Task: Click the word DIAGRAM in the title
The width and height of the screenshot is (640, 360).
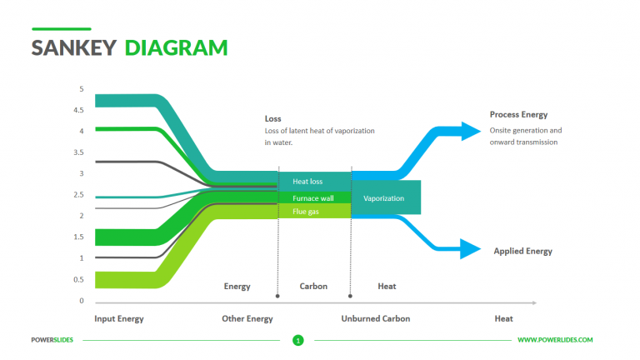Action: tap(176, 47)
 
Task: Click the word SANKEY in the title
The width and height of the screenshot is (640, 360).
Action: tap(73, 47)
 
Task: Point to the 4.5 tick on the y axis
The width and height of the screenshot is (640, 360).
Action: tap(78, 110)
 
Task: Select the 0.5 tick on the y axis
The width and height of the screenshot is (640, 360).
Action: tap(78, 280)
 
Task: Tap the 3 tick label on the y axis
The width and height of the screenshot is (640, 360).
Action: tap(81, 173)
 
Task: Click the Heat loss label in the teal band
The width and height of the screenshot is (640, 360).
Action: tap(307, 181)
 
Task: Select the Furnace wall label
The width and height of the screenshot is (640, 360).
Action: tap(312, 198)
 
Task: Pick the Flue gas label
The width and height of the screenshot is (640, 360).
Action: tap(305, 212)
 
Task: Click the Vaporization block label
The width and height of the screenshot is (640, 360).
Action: tap(384, 198)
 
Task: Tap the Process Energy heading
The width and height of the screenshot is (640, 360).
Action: tap(518, 115)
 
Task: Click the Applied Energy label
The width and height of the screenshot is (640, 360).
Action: tap(522, 251)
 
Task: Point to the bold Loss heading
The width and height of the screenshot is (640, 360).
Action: tap(272, 119)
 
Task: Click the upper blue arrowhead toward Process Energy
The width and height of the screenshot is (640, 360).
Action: tap(470, 130)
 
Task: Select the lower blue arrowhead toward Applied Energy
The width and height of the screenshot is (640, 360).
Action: tap(470, 248)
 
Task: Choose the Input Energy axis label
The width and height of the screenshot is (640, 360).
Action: tap(119, 318)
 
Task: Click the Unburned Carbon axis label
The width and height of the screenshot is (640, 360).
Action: tap(375, 318)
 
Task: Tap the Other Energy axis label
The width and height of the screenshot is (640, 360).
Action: tap(247, 318)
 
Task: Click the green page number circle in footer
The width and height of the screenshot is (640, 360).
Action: tap(298, 340)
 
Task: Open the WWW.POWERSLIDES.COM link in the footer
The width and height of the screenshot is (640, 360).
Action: tap(555, 340)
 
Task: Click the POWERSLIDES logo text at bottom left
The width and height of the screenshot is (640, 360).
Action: tap(52, 340)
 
